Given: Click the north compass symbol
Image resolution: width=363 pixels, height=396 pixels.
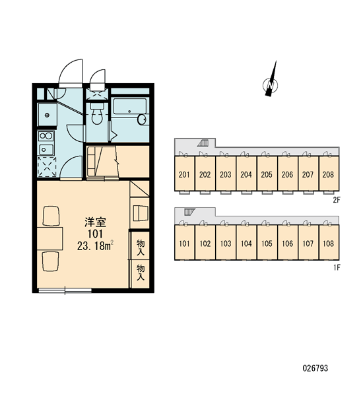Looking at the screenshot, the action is coord(271,84).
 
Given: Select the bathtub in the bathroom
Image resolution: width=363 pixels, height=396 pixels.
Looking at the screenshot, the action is coord(129,106).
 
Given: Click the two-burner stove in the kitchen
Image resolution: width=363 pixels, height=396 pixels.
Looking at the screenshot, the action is coord(46,136).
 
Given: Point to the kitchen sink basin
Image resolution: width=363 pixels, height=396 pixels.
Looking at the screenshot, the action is coord(46,150).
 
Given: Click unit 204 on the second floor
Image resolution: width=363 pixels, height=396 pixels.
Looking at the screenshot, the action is coord(246,174).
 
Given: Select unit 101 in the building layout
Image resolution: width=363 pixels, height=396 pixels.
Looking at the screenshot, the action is coord(184,244).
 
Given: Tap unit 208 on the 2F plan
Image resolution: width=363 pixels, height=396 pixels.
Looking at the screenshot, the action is coord(329,174).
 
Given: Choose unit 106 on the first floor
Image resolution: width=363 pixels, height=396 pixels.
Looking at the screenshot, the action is coord(288,244).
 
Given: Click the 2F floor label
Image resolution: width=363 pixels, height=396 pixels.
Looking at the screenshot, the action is coord(337,200).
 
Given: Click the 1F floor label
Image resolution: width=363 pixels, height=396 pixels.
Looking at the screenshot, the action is coord(337,267).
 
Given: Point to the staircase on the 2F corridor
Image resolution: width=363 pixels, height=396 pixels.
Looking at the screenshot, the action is coord(203,143).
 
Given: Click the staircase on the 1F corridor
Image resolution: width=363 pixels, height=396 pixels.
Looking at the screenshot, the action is coord(190,212).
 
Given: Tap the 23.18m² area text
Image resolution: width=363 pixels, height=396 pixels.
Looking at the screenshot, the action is coord(95,246).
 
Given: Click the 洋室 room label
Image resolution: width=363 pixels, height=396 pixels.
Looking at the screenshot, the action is coord(95,222).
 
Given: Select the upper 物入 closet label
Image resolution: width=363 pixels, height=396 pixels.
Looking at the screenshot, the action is coord(141,247).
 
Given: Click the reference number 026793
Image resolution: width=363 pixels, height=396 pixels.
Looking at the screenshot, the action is coord(315,368).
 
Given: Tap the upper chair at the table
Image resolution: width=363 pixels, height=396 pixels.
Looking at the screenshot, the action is coord(51,216).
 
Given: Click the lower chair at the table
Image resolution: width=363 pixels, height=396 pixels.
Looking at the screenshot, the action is coord(51,261).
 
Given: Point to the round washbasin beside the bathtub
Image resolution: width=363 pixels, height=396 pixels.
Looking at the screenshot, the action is coord(142,119).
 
